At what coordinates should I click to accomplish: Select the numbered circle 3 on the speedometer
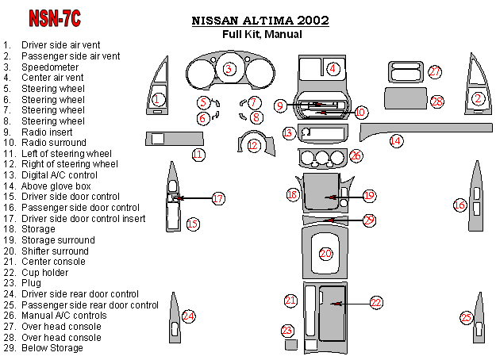pyautogui.click(x=229, y=69)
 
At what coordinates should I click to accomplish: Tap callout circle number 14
pyautogui.click(x=395, y=141)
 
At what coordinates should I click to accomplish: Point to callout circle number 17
pyautogui.click(x=218, y=200)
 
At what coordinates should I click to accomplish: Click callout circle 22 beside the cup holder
pyautogui.click(x=376, y=302)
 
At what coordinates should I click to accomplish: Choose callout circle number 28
pyautogui.click(x=437, y=101)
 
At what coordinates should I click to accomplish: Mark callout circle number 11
pyautogui.click(x=198, y=154)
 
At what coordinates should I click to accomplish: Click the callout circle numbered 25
pyautogui.click(x=467, y=318)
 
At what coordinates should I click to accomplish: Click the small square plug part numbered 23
pyautogui.click(x=291, y=346)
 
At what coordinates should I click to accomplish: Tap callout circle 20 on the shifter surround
pyautogui.click(x=326, y=254)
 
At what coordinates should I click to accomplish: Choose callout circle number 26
pyautogui.click(x=356, y=156)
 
